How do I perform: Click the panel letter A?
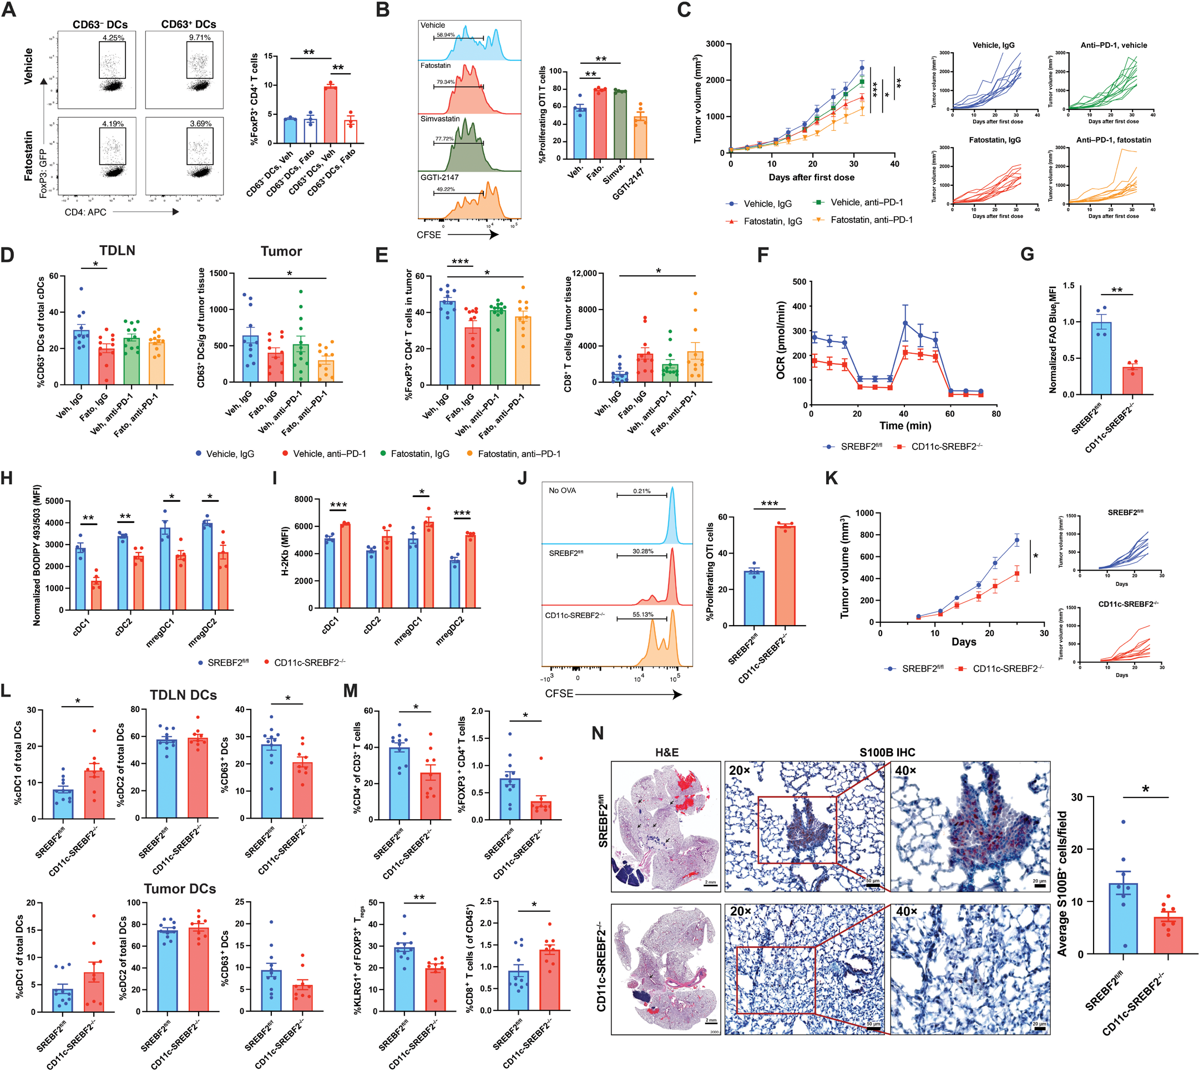(10, 10)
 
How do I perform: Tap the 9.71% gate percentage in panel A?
(200, 38)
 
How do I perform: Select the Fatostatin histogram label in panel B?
(435, 65)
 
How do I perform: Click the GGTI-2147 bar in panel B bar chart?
(640, 138)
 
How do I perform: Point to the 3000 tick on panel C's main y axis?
(715, 44)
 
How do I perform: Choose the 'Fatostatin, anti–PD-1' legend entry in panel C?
(871, 220)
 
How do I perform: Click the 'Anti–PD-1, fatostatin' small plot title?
(1113, 140)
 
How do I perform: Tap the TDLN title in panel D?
(117, 251)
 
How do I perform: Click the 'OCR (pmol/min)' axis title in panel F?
(781, 340)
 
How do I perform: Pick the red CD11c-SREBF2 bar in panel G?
(1132, 380)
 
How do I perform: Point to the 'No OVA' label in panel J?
(562, 491)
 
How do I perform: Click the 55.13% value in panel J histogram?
(642, 615)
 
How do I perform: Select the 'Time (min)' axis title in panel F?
(905, 425)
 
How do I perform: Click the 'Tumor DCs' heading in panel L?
(180, 889)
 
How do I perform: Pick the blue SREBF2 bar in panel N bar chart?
(1123, 918)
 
